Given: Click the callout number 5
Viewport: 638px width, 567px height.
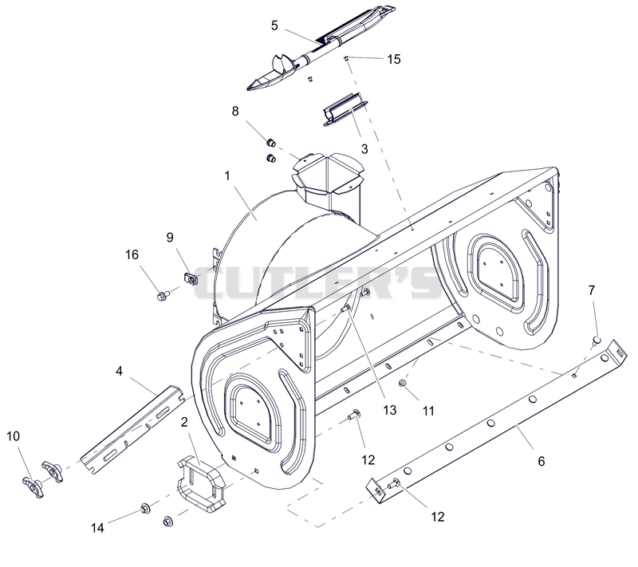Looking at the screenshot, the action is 274,26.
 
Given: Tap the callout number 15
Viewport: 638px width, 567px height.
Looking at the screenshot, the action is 394,59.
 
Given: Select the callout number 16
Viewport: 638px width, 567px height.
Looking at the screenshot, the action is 132,255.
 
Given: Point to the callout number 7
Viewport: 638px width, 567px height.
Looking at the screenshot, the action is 592,290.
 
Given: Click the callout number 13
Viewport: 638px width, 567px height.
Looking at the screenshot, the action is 390,410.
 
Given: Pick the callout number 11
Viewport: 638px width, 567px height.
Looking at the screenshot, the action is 428,411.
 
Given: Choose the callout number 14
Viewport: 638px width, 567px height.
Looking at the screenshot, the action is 97,528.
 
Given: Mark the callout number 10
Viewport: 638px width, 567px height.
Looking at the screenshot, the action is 13,436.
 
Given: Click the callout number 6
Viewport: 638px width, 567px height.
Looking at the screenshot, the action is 542,461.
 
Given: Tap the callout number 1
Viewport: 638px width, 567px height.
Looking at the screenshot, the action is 227,175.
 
